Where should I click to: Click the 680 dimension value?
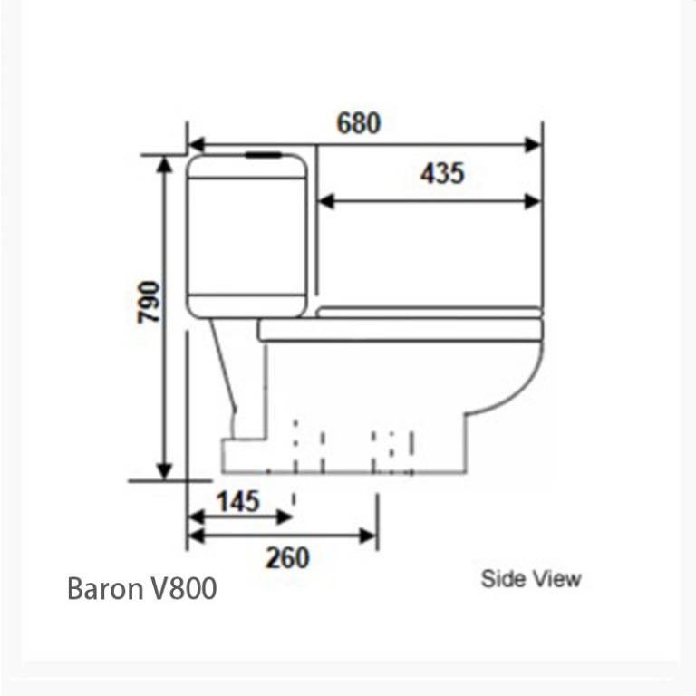359,122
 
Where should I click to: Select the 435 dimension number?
441,172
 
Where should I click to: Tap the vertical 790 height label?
149,302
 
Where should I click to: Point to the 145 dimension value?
237,500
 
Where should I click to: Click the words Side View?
531,578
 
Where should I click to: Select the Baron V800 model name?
142,589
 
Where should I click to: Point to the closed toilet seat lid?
429,312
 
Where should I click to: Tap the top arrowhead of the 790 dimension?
164,164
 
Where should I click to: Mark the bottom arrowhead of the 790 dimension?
164,470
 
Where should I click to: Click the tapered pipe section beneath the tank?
230,372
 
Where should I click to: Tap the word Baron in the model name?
102,589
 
